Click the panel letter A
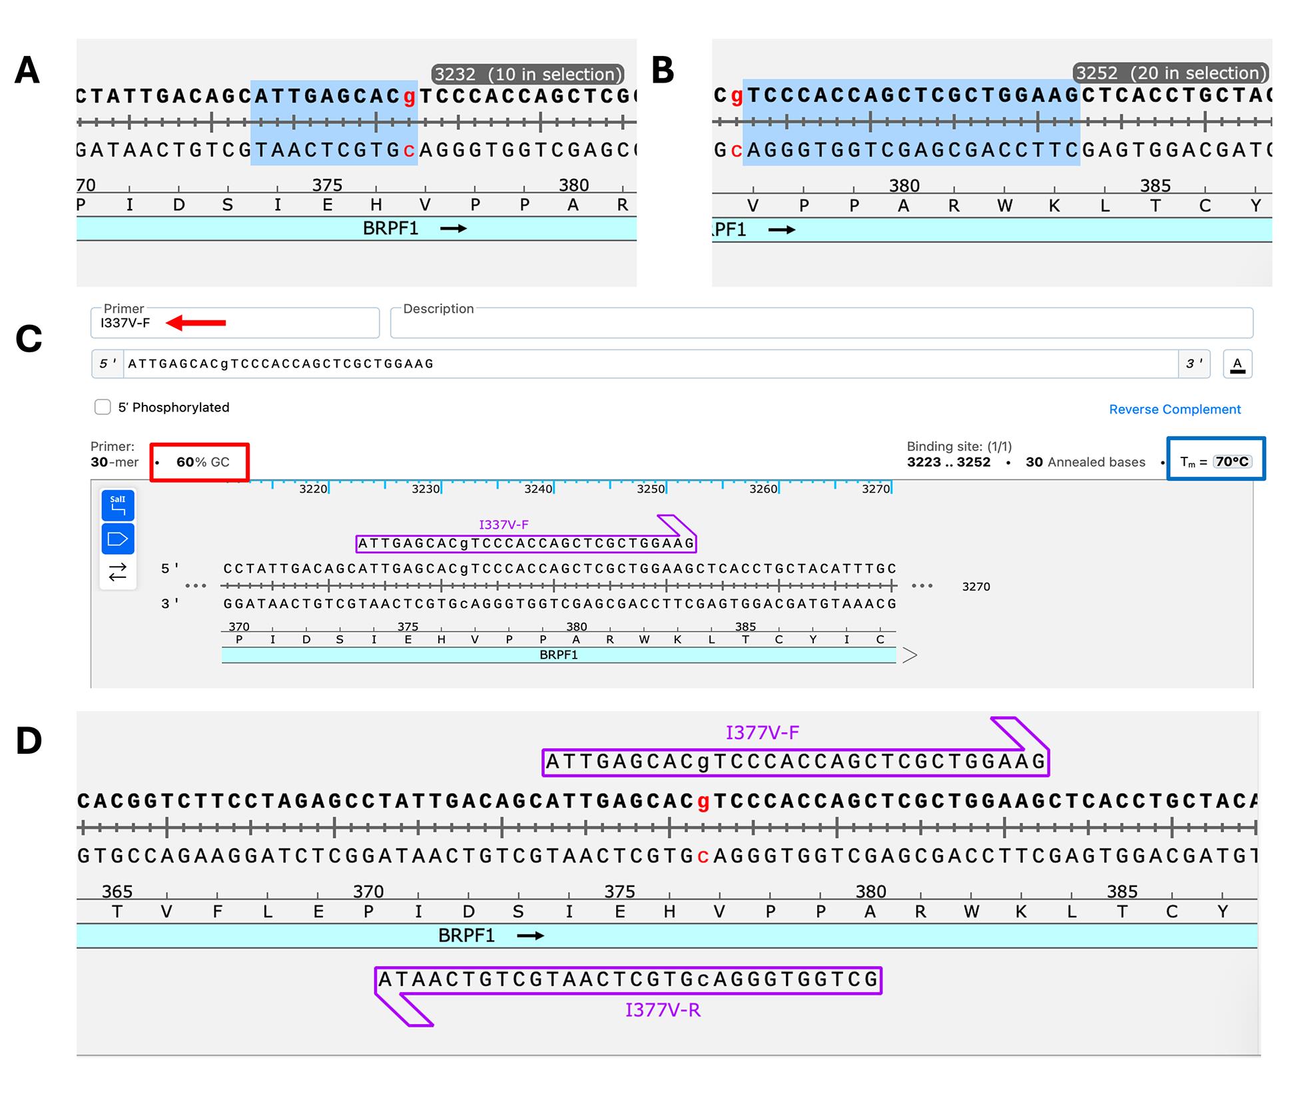27,70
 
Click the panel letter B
663,70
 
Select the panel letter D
29,740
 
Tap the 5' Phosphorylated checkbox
103,407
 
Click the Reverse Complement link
1175,410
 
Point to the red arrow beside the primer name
196,323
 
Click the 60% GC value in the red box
202,462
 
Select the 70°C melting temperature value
1232,461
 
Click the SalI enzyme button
118,505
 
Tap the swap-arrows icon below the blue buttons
118,572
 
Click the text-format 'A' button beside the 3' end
1237,364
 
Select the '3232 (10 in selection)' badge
528,74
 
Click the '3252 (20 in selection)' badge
1171,73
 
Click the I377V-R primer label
663,1011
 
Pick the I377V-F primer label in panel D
762,733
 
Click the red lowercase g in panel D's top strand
703,802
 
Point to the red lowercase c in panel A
410,151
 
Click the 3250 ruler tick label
651,489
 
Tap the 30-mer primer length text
115,462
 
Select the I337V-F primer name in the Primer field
125,323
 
